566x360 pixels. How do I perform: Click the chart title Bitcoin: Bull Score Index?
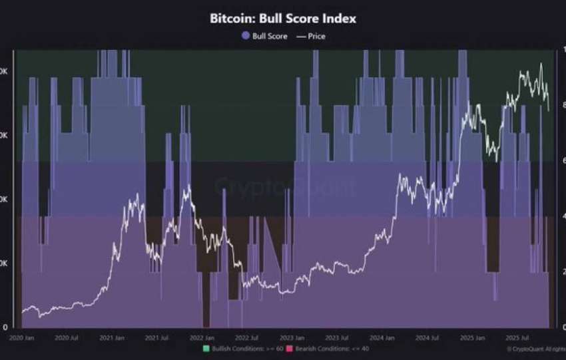coord(283,19)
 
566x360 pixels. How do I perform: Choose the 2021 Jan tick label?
coord(113,338)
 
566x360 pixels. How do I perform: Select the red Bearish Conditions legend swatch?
coord(290,349)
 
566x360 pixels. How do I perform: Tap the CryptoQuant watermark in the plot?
coord(285,187)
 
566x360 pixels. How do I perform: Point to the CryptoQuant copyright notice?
coord(535,349)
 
